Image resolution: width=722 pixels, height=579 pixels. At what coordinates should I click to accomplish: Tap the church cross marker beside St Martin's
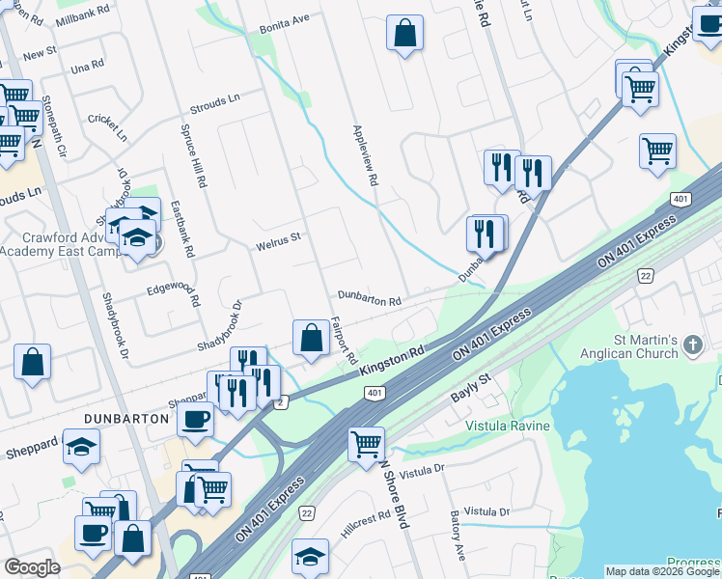[x=692, y=345]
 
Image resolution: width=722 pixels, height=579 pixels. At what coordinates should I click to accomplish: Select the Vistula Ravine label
[x=509, y=426]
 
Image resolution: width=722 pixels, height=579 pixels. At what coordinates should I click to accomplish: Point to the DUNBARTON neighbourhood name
[x=121, y=417]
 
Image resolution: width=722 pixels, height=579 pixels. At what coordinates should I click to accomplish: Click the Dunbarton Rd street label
[x=369, y=301]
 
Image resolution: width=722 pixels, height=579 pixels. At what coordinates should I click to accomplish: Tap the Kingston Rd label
[x=393, y=362]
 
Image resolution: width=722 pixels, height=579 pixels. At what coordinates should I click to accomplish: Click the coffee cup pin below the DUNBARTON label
[x=94, y=532]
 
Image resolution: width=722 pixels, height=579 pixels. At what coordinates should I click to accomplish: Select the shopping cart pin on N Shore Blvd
[x=367, y=445]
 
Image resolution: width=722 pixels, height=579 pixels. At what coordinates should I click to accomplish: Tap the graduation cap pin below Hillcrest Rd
[x=310, y=557]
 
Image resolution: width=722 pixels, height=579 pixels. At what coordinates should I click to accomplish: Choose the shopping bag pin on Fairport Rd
[x=311, y=339]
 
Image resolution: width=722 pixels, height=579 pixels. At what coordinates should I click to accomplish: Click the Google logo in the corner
[x=33, y=567]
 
